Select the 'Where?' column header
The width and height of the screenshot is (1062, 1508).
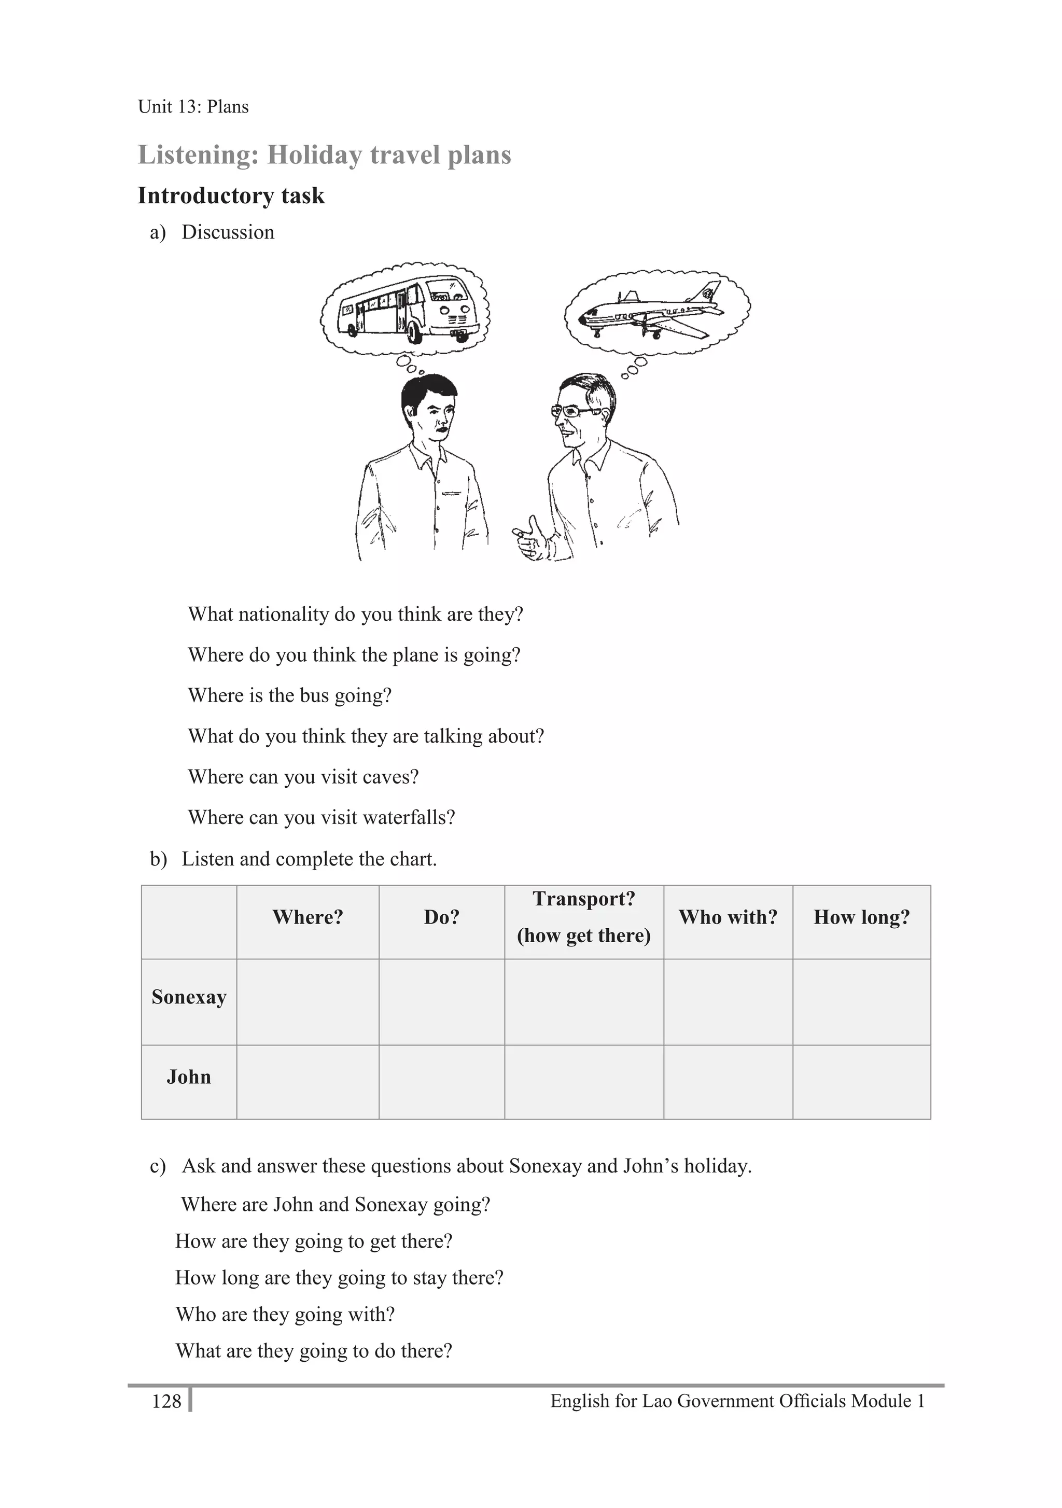click(x=308, y=917)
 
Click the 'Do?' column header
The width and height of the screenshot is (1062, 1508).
click(x=441, y=917)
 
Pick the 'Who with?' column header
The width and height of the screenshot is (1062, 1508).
click(x=727, y=917)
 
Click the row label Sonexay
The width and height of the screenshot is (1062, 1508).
click(x=188, y=997)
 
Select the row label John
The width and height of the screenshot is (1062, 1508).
click(x=188, y=1077)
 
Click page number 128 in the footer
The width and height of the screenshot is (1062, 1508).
click(x=166, y=1401)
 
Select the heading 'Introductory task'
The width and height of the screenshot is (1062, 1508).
click(x=231, y=196)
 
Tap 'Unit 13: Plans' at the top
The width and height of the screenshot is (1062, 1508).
click(x=193, y=106)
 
